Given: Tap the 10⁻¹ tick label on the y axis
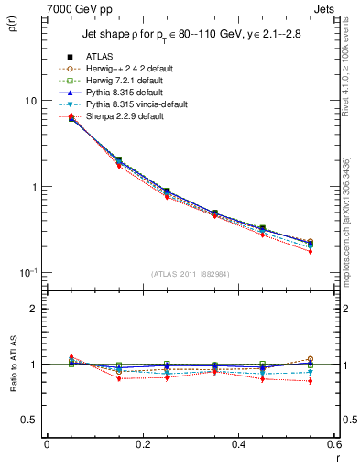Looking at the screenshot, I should click(27, 272).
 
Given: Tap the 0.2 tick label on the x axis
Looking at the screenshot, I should click(142, 444).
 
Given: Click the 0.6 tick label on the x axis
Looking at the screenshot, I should click(333, 444).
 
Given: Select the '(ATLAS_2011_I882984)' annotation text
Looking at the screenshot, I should click(190, 274).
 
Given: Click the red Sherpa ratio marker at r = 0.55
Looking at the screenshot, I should click(310, 381).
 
